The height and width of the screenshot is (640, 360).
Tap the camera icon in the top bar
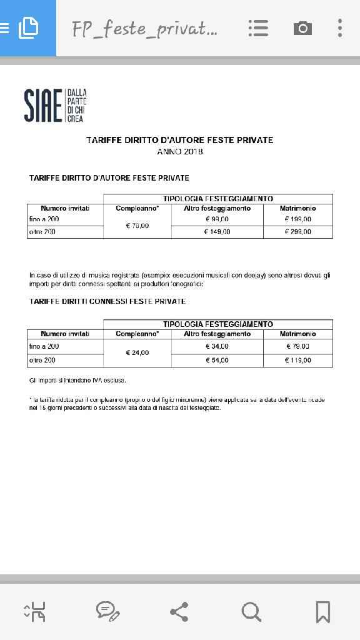[x=302, y=28]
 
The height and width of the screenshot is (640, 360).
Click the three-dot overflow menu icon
[x=340, y=28]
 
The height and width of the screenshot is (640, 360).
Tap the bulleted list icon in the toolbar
[x=258, y=28]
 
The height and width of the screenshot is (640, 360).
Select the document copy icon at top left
[x=28, y=28]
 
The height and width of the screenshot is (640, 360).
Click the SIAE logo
[x=55, y=105]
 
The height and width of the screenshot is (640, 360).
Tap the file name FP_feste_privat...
[x=144, y=29]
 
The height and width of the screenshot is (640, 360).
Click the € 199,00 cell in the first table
[x=297, y=219]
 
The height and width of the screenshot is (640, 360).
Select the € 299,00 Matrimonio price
[x=297, y=232]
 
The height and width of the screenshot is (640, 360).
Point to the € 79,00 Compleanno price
[x=137, y=226]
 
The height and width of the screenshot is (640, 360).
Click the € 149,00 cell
[x=217, y=232]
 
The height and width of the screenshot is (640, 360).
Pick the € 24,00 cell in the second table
[x=137, y=353]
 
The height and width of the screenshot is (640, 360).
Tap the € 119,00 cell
[x=297, y=360]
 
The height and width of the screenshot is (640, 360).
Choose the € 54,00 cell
[x=217, y=360]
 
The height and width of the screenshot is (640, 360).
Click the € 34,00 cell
[x=217, y=346]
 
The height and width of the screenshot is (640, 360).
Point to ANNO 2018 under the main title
[x=180, y=151]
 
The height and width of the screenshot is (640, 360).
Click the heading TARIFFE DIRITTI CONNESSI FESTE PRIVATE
[x=107, y=301]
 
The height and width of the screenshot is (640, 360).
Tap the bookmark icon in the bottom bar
[x=322, y=611]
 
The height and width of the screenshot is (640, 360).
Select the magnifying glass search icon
[x=251, y=611]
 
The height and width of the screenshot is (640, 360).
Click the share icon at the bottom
[x=179, y=611]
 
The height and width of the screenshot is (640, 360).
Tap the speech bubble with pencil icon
[x=107, y=611]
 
